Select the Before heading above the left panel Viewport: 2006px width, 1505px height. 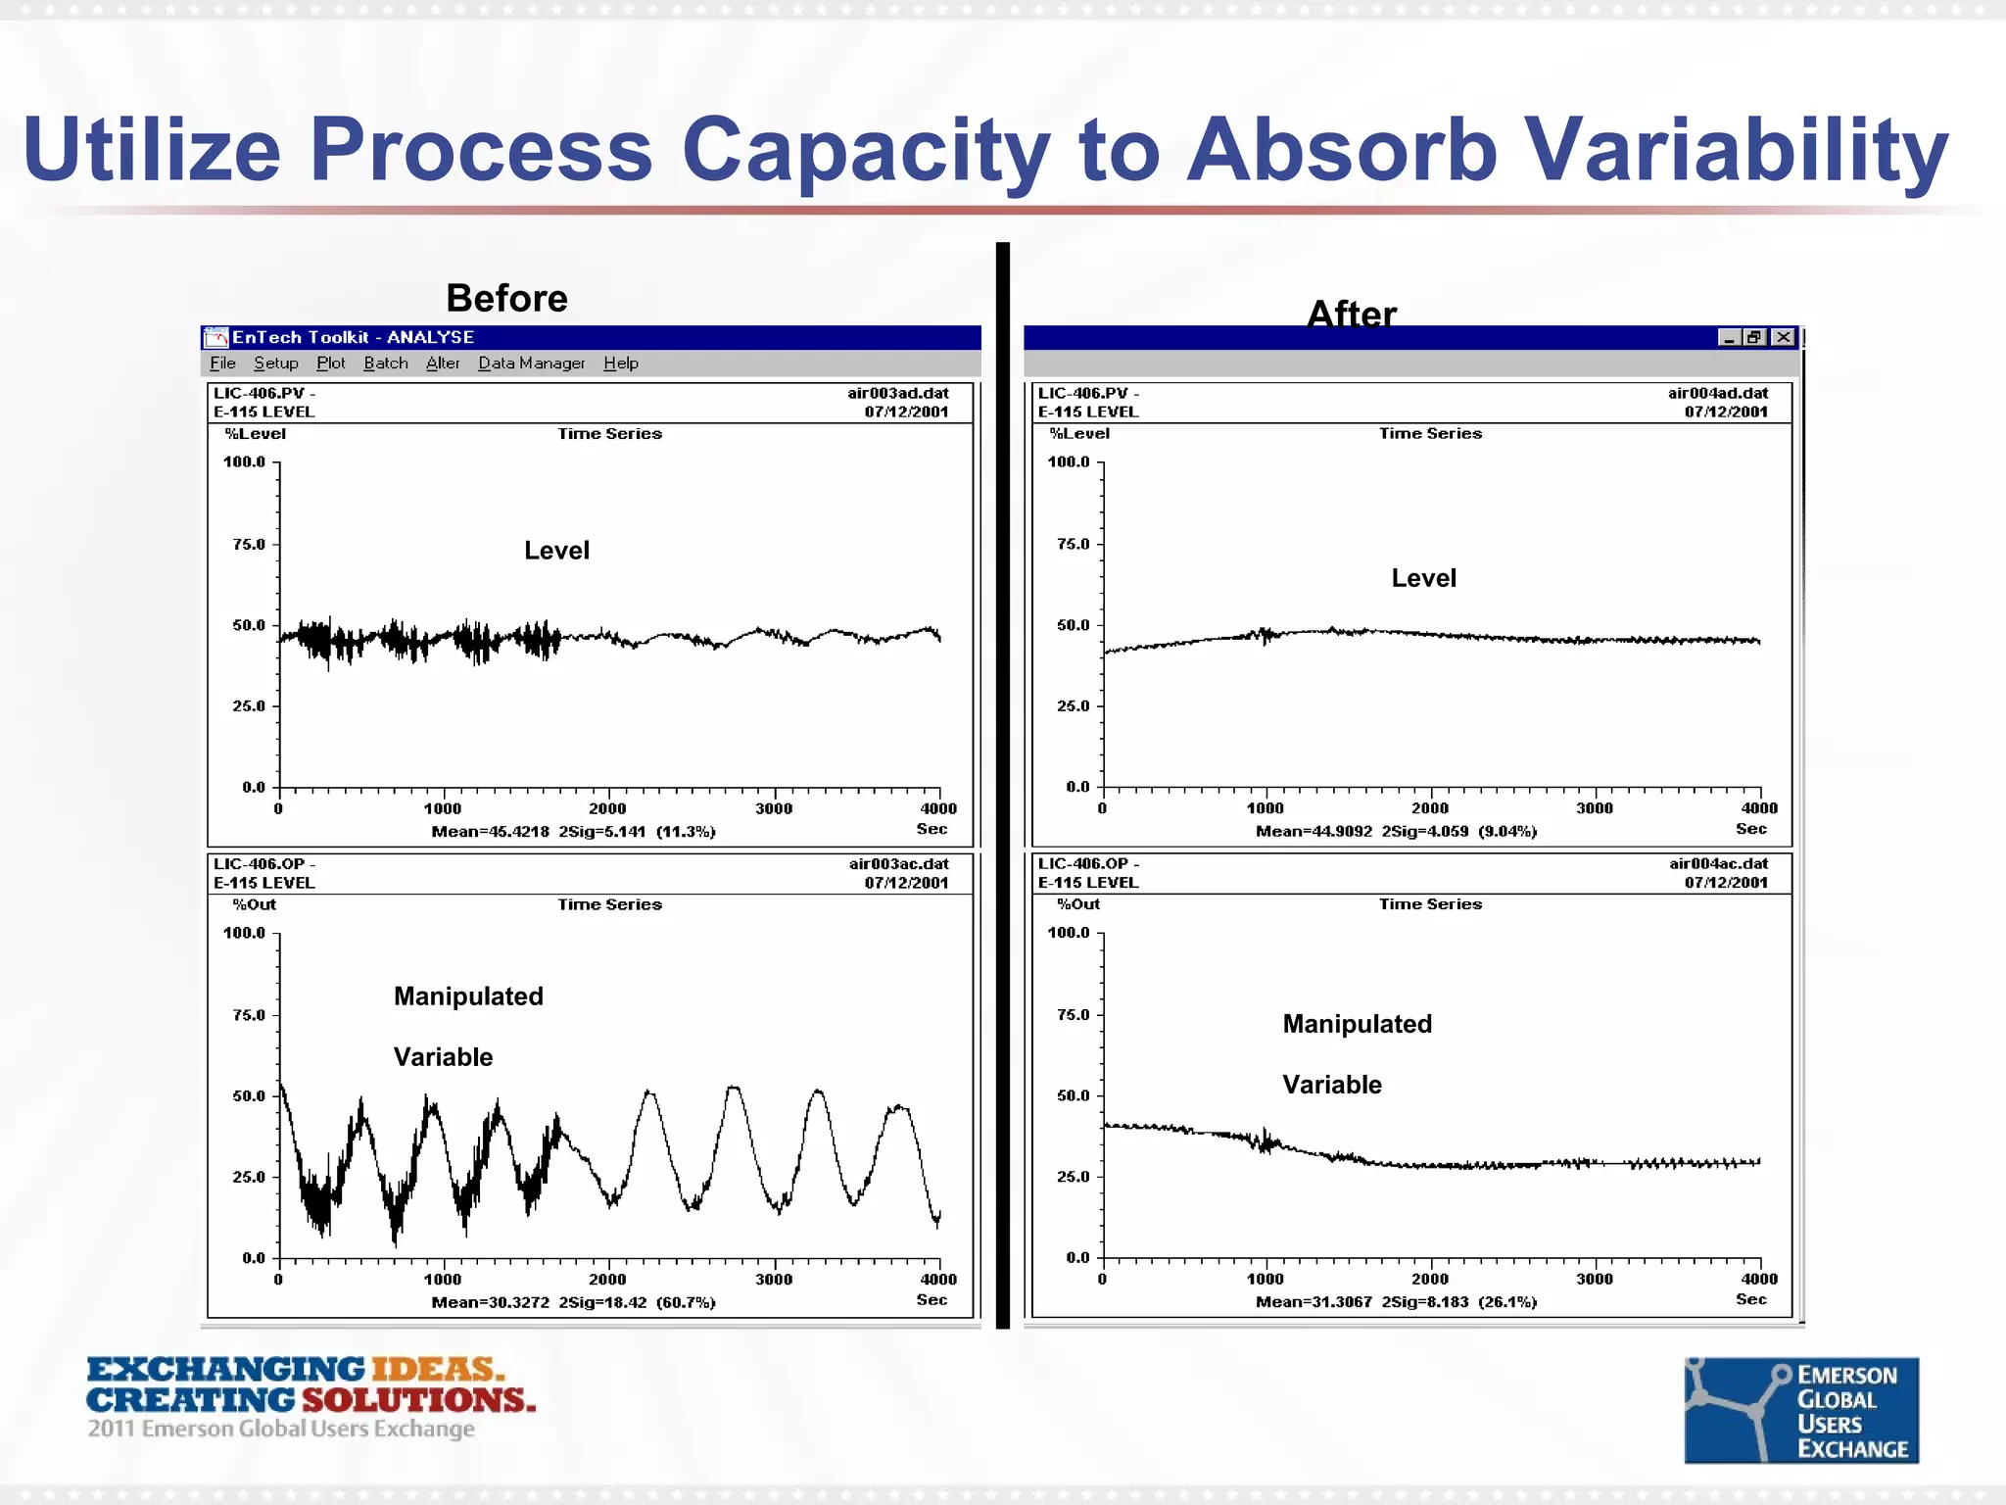(506, 298)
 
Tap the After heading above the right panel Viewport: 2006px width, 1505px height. (1351, 314)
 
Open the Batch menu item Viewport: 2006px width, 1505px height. (385, 364)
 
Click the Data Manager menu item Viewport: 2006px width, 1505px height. (531, 364)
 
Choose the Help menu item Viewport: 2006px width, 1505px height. (620, 364)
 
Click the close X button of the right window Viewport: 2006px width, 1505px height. (1784, 337)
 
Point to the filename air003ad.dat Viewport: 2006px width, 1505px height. (897, 393)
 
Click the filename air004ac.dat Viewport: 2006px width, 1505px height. (1718, 863)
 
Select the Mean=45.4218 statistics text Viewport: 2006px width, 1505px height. (490, 832)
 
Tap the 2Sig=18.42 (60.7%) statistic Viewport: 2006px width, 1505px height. (637, 1302)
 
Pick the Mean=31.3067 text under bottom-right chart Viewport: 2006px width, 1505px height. (1313, 1302)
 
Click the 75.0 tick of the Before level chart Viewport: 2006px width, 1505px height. (249, 544)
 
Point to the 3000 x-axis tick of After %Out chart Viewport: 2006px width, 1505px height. (1594, 1279)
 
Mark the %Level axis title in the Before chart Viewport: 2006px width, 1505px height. (255, 434)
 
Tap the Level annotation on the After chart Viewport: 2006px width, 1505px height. (1423, 578)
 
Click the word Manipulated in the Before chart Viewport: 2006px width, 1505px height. (468, 996)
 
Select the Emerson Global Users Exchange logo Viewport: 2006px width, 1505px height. (1800, 1410)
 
